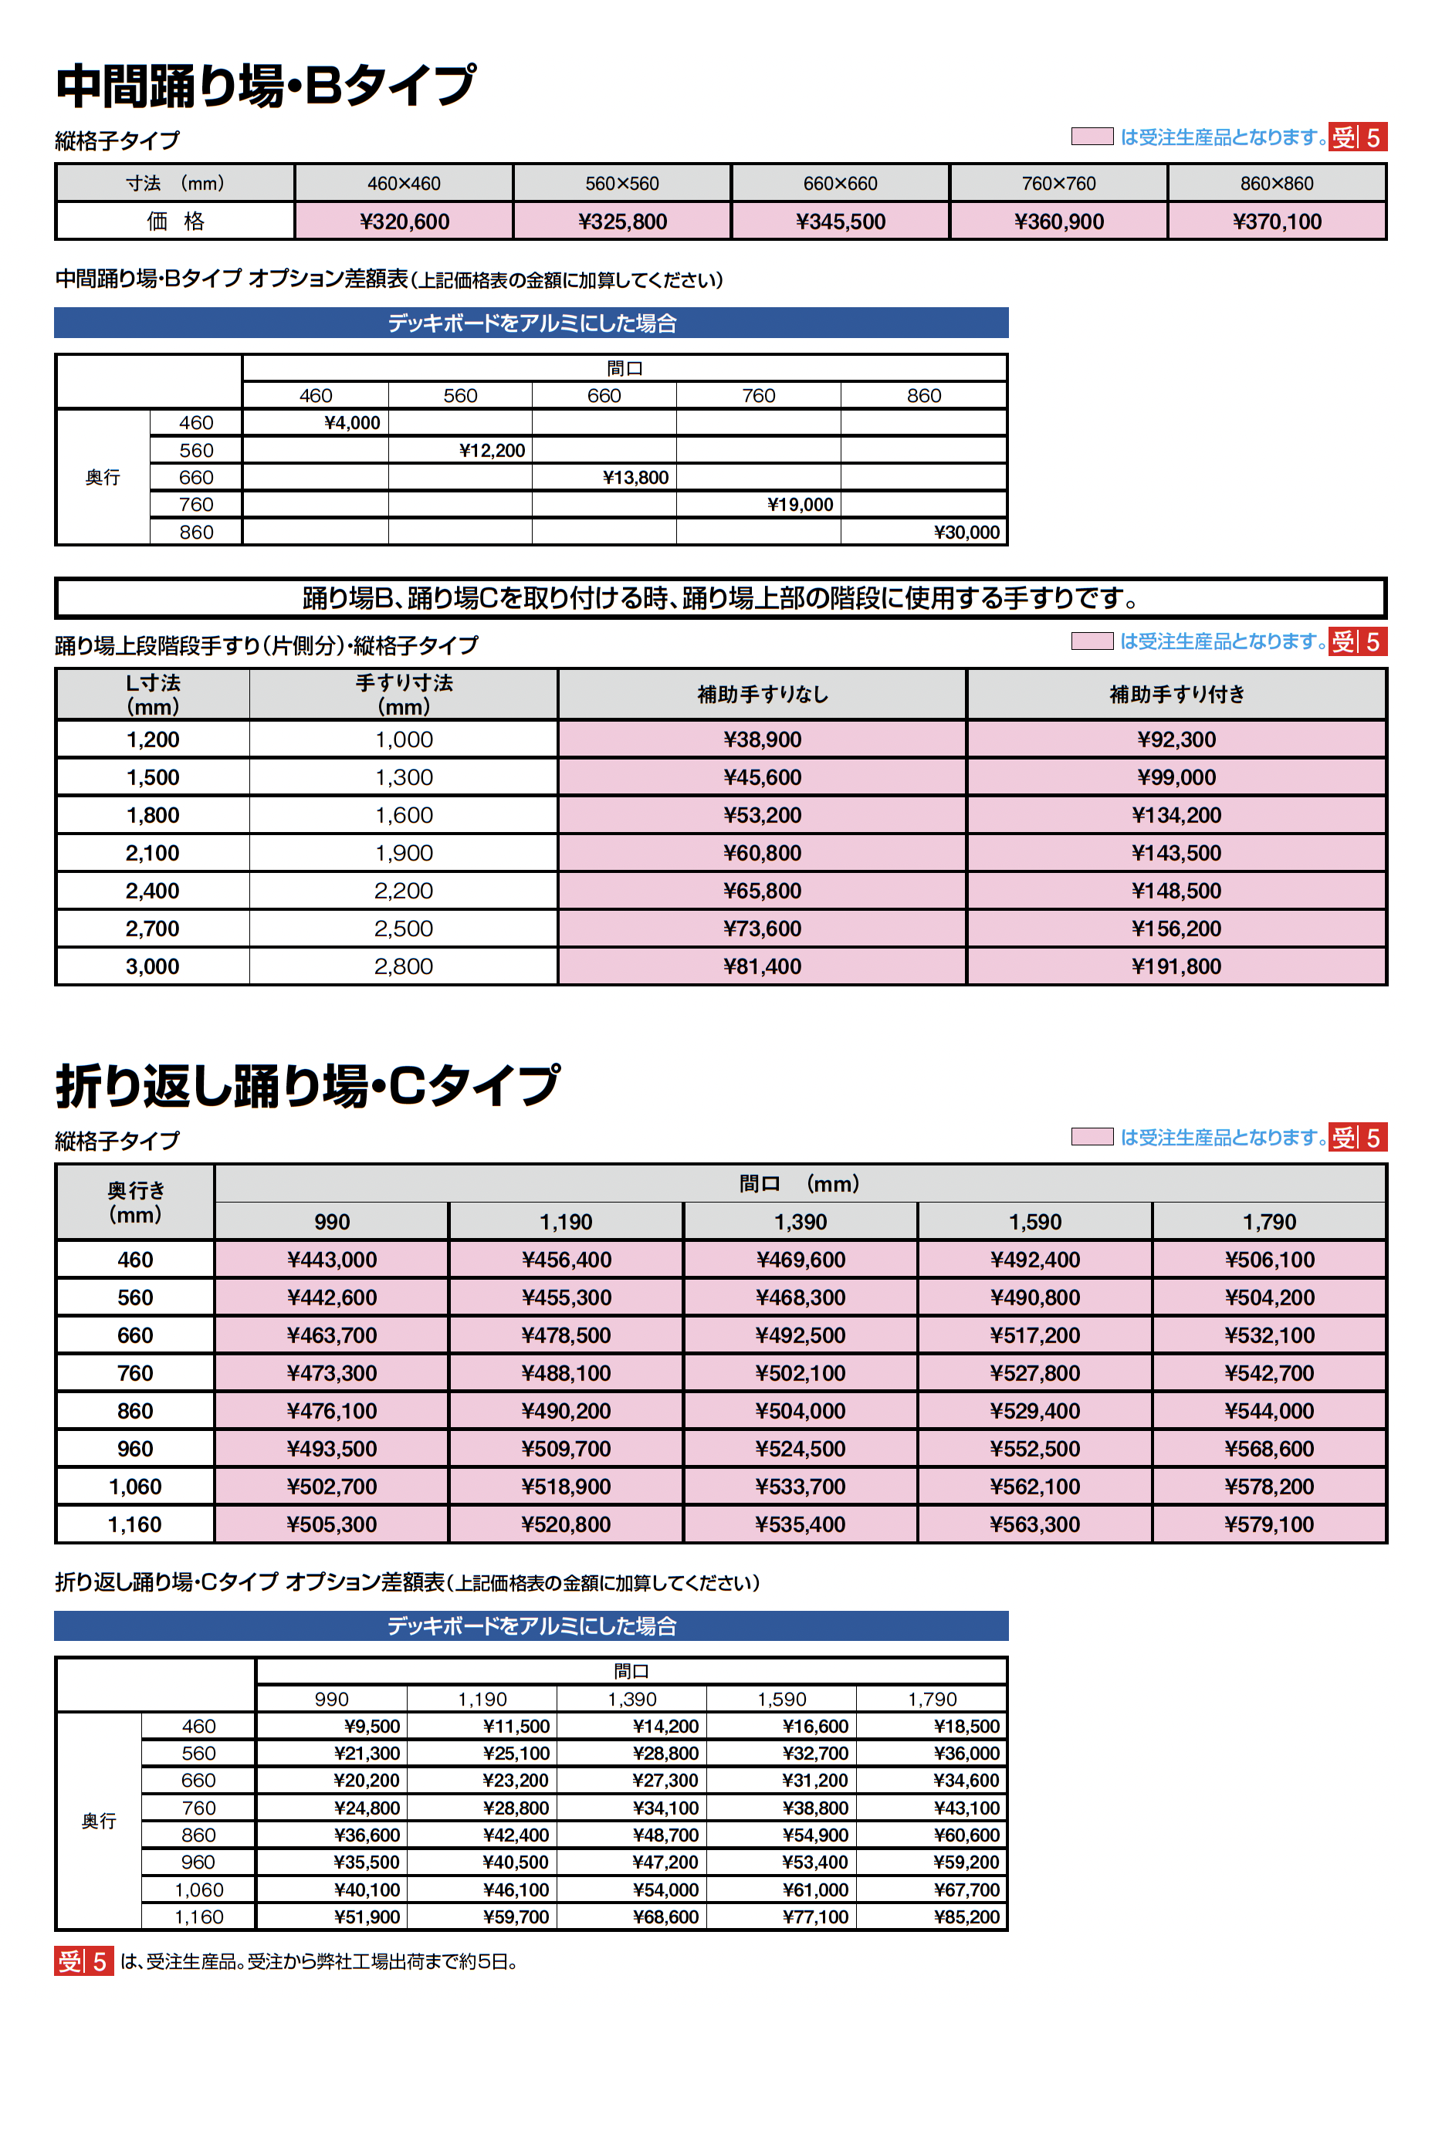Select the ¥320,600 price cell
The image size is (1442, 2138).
point(404,222)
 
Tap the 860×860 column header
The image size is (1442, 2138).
point(1277,183)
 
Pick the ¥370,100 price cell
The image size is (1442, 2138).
point(1277,222)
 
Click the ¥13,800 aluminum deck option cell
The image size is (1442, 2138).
point(635,477)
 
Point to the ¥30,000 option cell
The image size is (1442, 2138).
point(966,533)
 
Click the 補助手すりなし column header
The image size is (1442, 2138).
point(763,695)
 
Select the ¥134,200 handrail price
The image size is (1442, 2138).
point(1176,815)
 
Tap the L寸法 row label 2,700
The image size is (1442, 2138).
point(153,929)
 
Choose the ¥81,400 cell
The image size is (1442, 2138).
point(763,966)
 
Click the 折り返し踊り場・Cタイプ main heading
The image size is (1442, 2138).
point(307,1086)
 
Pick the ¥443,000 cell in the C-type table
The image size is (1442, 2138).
point(332,1260)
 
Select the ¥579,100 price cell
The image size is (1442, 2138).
point(1269,1524)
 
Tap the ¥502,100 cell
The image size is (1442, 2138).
point(800,1373)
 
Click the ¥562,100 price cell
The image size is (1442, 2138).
point(1034,1487)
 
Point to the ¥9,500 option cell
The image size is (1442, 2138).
point(371,1726)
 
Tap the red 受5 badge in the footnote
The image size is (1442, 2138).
point(83,1961)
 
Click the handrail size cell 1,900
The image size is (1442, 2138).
point(404,854)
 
